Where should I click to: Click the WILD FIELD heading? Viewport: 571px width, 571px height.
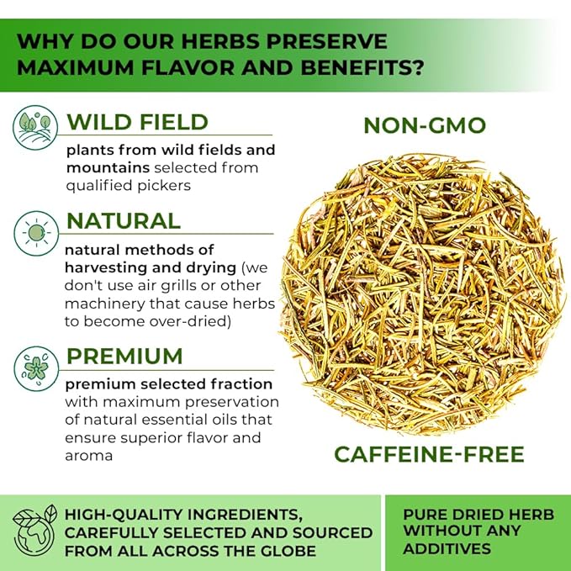137,122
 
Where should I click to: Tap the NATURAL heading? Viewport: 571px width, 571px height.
124,221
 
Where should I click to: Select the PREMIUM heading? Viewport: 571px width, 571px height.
124,357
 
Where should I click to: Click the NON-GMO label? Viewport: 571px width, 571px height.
425,125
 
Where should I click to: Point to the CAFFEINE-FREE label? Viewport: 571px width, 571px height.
429,454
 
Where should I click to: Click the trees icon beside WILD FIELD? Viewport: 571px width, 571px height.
35,128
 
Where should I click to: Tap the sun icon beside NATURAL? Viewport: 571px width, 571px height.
36,233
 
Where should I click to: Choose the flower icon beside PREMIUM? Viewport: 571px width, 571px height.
36,368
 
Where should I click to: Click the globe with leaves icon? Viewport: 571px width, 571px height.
34,532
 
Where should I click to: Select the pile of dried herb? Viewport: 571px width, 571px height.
424,294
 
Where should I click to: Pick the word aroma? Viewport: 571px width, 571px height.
89,456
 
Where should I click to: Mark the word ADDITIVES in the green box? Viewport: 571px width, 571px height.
447,548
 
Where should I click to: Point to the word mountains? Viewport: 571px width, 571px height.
108,168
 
